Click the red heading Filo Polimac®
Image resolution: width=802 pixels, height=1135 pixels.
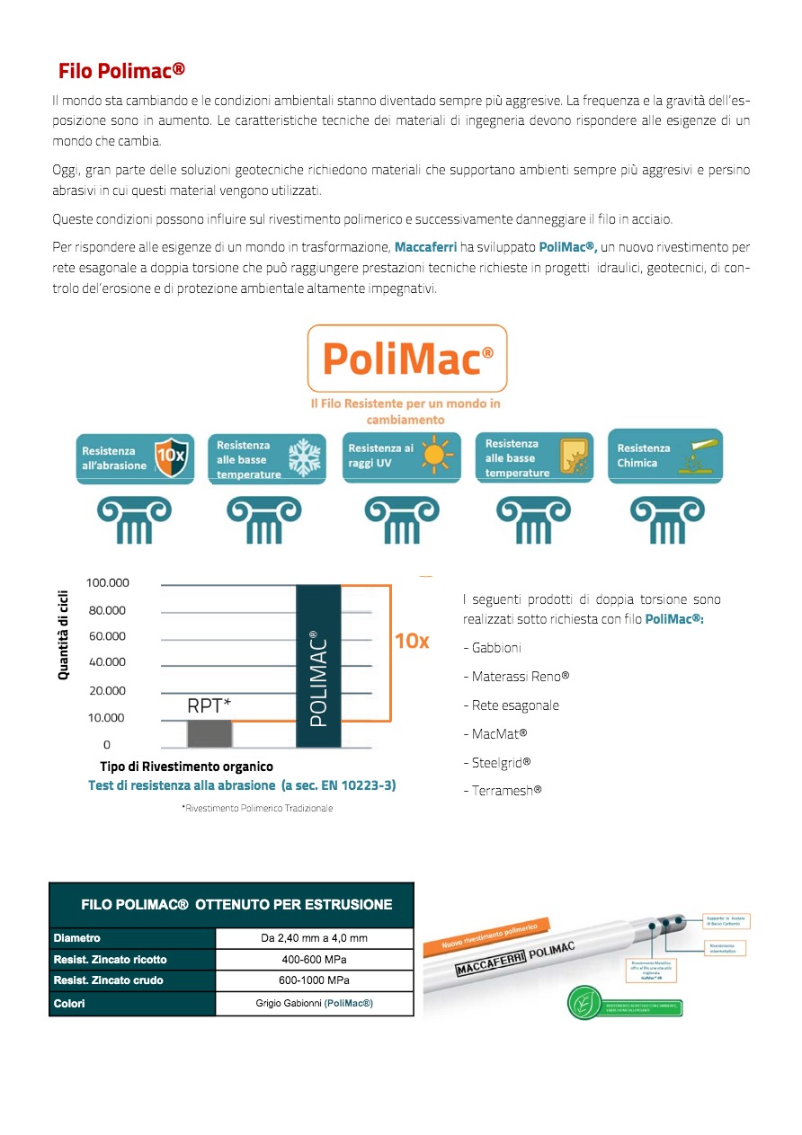click(x=121, y=71)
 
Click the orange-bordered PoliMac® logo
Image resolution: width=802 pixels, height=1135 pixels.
click(x=406, y=359)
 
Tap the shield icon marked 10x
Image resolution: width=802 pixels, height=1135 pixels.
click(x=171, y=456)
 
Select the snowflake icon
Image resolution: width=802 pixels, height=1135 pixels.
click(x=304, y=457)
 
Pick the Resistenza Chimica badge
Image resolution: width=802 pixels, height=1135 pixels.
click(x=665, y=456)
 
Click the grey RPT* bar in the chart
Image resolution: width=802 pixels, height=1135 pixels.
click(x=209, y=732)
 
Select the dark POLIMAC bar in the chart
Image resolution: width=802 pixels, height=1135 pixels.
click(x=318, y=666)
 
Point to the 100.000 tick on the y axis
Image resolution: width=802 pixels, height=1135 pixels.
click(x=108, y=582)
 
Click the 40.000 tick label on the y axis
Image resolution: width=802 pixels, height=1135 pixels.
click(x=108, y=662)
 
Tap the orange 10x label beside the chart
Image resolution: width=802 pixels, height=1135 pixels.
click(x=412, y=641)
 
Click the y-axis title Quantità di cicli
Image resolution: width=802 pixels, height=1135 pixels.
click(x=64, y=634)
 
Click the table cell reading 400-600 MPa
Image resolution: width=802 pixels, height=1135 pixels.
click(x=314, y=959)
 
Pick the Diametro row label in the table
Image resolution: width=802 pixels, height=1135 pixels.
click(x=77, y=938)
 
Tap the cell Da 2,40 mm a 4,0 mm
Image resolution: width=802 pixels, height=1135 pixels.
click(x=314, y=938)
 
